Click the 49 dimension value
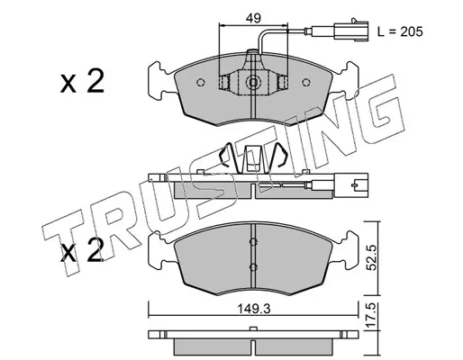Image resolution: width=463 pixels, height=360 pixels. tap(253, 19)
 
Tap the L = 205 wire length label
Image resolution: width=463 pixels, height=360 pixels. tap(400, 31)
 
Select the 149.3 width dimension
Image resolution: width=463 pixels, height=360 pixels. tap(254, 309)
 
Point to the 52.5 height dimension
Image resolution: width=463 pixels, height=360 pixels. tap(372, 257)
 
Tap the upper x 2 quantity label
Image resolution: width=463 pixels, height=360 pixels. tap(82, 81)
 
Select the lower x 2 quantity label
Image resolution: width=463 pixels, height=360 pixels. tap(82, 251)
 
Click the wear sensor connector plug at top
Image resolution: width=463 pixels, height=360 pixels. tap(351, 31)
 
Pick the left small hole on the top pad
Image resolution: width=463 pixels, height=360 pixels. tap(201, 82)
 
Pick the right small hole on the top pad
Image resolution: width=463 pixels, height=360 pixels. tap(306, 82)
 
